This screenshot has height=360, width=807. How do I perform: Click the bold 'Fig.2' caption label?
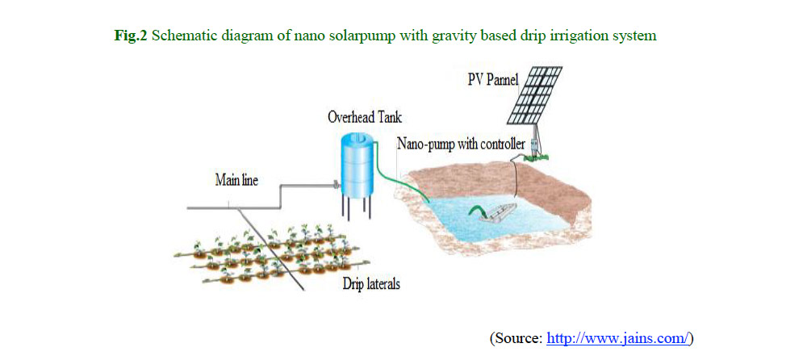(130, 37)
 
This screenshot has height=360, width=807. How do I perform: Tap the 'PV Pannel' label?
(495, 81)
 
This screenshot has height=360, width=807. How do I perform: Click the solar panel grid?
(535, 95)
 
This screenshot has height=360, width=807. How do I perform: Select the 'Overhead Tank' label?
(365, 118)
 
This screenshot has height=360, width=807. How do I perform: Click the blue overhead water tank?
(358, 165)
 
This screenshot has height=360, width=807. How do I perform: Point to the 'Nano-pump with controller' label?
(460, 143)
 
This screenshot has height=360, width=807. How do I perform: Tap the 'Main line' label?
(236, 181)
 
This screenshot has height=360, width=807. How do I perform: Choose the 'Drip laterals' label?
(371, 284)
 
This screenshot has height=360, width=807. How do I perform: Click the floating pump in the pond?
(496, 211)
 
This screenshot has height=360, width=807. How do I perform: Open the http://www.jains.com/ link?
(617, 338)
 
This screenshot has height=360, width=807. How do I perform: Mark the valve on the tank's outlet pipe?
(337, 184)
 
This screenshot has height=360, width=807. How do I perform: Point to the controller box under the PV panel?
(536, 146)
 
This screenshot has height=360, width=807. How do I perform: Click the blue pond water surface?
(494, 216)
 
